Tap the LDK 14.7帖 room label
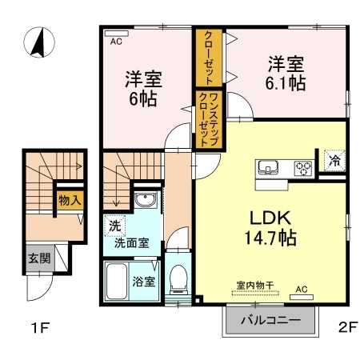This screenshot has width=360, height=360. point(268,226)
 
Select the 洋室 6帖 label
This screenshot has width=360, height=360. point(143,89)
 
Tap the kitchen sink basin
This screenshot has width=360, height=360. point(268,167)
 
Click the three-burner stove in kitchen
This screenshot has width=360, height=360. point(303,168)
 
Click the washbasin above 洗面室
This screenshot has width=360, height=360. point(145,201)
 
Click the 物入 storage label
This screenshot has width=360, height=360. point(69,201)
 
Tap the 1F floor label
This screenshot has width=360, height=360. point(39,326)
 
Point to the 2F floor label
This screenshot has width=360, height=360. point(345,326)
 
